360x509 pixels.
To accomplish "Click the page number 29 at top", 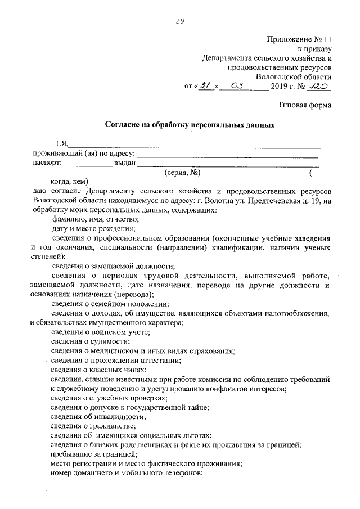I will (x=180, y=21).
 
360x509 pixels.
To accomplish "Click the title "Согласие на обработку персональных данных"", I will (x=190, y=125).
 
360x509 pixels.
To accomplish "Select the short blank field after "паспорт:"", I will (x=87, y=164).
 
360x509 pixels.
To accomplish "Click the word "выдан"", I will (x=125, y=164).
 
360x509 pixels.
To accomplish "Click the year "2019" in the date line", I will (x=283, y=87).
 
